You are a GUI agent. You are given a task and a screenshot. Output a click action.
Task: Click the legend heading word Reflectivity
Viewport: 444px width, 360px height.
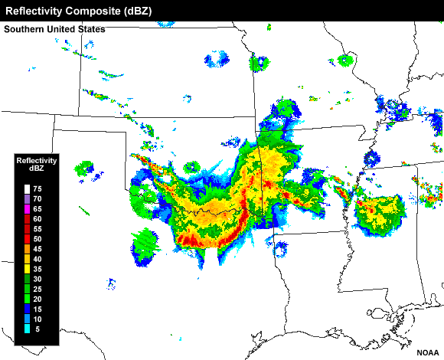[x=36, y=160]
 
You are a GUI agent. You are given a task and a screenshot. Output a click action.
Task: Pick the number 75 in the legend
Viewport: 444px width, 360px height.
[x=38, y=188]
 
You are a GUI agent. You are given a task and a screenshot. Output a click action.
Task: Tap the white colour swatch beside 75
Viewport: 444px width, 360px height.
[x=28, y=188]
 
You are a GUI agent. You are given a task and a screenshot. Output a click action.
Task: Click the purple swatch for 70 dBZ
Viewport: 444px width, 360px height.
[x=28, y=198]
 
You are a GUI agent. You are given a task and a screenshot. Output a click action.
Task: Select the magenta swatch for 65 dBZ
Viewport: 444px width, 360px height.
[x=28, y=208]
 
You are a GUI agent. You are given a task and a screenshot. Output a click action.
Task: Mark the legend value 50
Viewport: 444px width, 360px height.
[x=38, y=239]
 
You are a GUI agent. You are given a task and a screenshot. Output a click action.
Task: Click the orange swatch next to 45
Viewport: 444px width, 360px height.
[x=28, y=249]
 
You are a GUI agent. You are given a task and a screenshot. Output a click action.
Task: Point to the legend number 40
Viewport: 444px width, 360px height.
[x=38, y=259]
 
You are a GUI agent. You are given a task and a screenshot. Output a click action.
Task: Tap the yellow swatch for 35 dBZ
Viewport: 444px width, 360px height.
[x=28, y=269]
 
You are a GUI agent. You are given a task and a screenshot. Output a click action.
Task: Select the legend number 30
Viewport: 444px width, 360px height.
[x=38, y=279]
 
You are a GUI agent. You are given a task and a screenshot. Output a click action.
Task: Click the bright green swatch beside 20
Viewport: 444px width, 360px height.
[x=28, y=299]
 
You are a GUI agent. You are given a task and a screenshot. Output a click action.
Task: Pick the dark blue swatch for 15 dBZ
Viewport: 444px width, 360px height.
[x=28, y=309]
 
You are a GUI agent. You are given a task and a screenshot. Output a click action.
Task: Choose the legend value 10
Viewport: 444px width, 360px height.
[x=38, y=319]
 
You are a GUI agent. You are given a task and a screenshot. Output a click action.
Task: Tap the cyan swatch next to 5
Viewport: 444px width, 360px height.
[x=28, y=329]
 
